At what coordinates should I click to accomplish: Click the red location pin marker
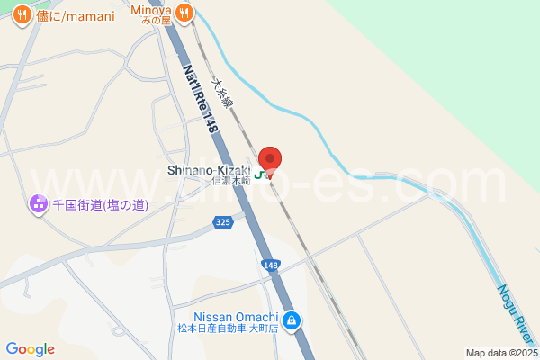270,158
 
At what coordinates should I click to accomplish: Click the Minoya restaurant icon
184,12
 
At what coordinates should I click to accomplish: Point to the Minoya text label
151,11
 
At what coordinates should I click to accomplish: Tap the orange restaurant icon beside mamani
18,15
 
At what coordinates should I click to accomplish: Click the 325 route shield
225,221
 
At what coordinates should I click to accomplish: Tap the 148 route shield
271,265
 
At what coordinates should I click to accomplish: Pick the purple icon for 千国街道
39,205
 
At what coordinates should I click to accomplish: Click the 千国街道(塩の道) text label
99,205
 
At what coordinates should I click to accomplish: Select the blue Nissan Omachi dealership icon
292,320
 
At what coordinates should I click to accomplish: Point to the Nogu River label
517,315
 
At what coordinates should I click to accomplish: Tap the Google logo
30,348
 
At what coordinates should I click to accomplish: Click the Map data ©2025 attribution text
499,353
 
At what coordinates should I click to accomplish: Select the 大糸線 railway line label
222,93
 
